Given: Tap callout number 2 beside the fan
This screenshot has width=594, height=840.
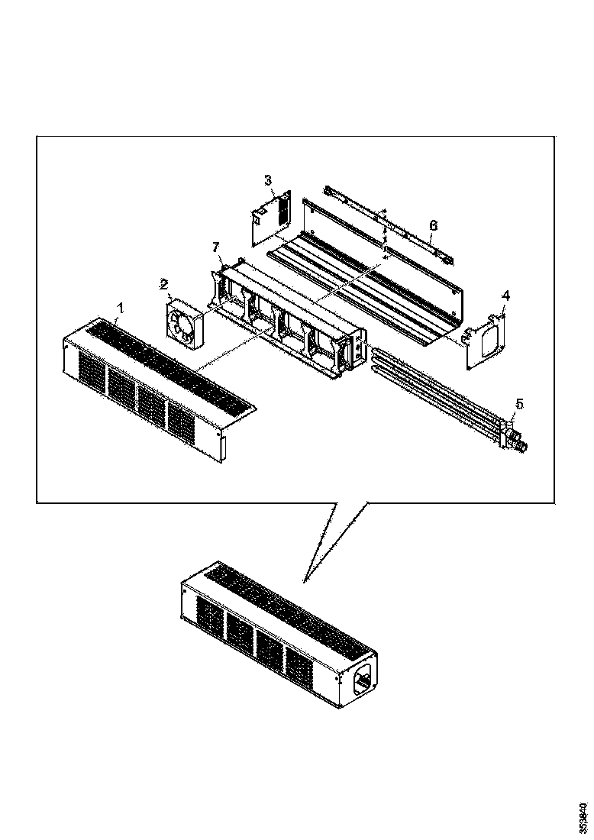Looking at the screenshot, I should pos(163,284).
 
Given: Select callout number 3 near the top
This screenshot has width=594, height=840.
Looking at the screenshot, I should pos(268,180).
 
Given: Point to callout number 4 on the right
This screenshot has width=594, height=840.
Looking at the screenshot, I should pos(505,295).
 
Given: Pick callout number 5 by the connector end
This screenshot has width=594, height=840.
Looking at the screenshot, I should pos(519,402).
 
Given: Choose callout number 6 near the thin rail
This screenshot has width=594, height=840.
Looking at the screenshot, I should pos(433,225).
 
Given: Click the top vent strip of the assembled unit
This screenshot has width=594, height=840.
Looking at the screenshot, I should pos(290,603).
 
